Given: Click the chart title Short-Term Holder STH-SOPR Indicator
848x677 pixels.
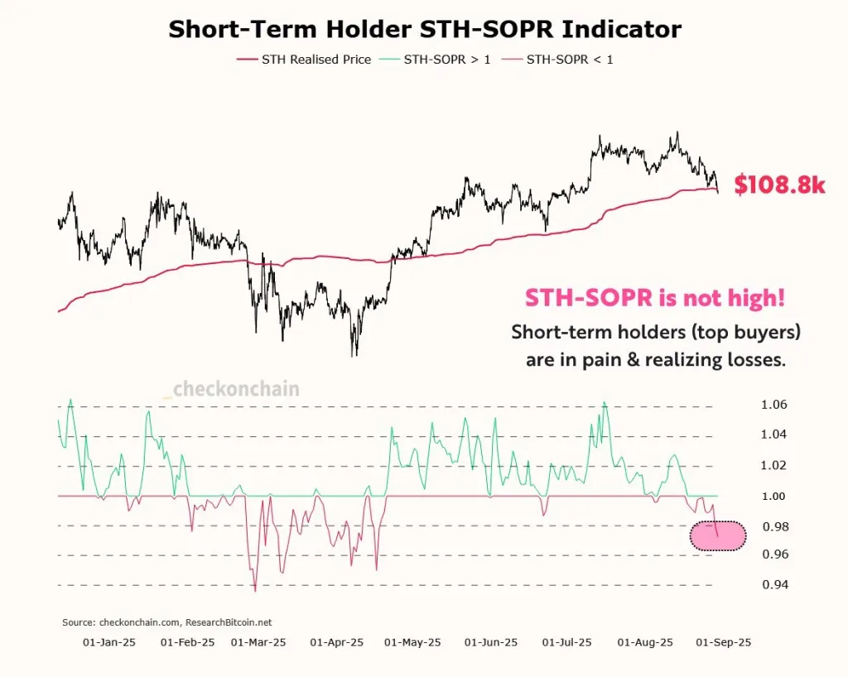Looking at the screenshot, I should coord(424,29).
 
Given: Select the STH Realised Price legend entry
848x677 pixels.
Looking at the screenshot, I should coord(304,60).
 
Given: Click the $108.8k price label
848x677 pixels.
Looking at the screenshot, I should coord(779,185).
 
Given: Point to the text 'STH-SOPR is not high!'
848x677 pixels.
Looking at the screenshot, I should coord(654,299).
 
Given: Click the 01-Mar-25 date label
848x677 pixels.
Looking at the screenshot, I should coord(258,642).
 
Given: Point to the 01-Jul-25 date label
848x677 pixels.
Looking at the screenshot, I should coord(567,642).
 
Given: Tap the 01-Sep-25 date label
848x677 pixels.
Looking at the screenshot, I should coord(724,642).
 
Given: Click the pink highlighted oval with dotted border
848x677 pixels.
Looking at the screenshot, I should coord(717,536).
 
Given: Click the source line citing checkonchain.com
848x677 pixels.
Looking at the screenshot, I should coord(167,622).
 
